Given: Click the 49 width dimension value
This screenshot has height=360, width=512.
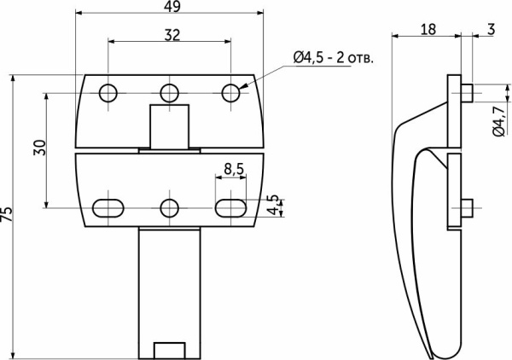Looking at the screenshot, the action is click(x=172, y=6).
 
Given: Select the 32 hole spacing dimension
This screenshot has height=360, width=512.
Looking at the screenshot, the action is click(x=172, y=35).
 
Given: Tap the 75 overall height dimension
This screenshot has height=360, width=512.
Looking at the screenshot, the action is click(x=6, y=214).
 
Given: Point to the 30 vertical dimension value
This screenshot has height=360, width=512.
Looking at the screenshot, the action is click(x=39, y=148).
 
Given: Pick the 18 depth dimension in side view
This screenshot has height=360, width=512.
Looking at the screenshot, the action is click(x=428, y=29).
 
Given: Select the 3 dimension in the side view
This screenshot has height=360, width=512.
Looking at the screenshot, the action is click(x=492, y=29).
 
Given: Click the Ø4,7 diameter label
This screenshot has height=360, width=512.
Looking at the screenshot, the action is click(x=498, y=121).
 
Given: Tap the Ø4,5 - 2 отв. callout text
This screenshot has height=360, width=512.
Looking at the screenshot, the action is click(x=333, y=58).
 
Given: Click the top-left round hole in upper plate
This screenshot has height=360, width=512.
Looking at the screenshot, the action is click(x=108, y=93).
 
